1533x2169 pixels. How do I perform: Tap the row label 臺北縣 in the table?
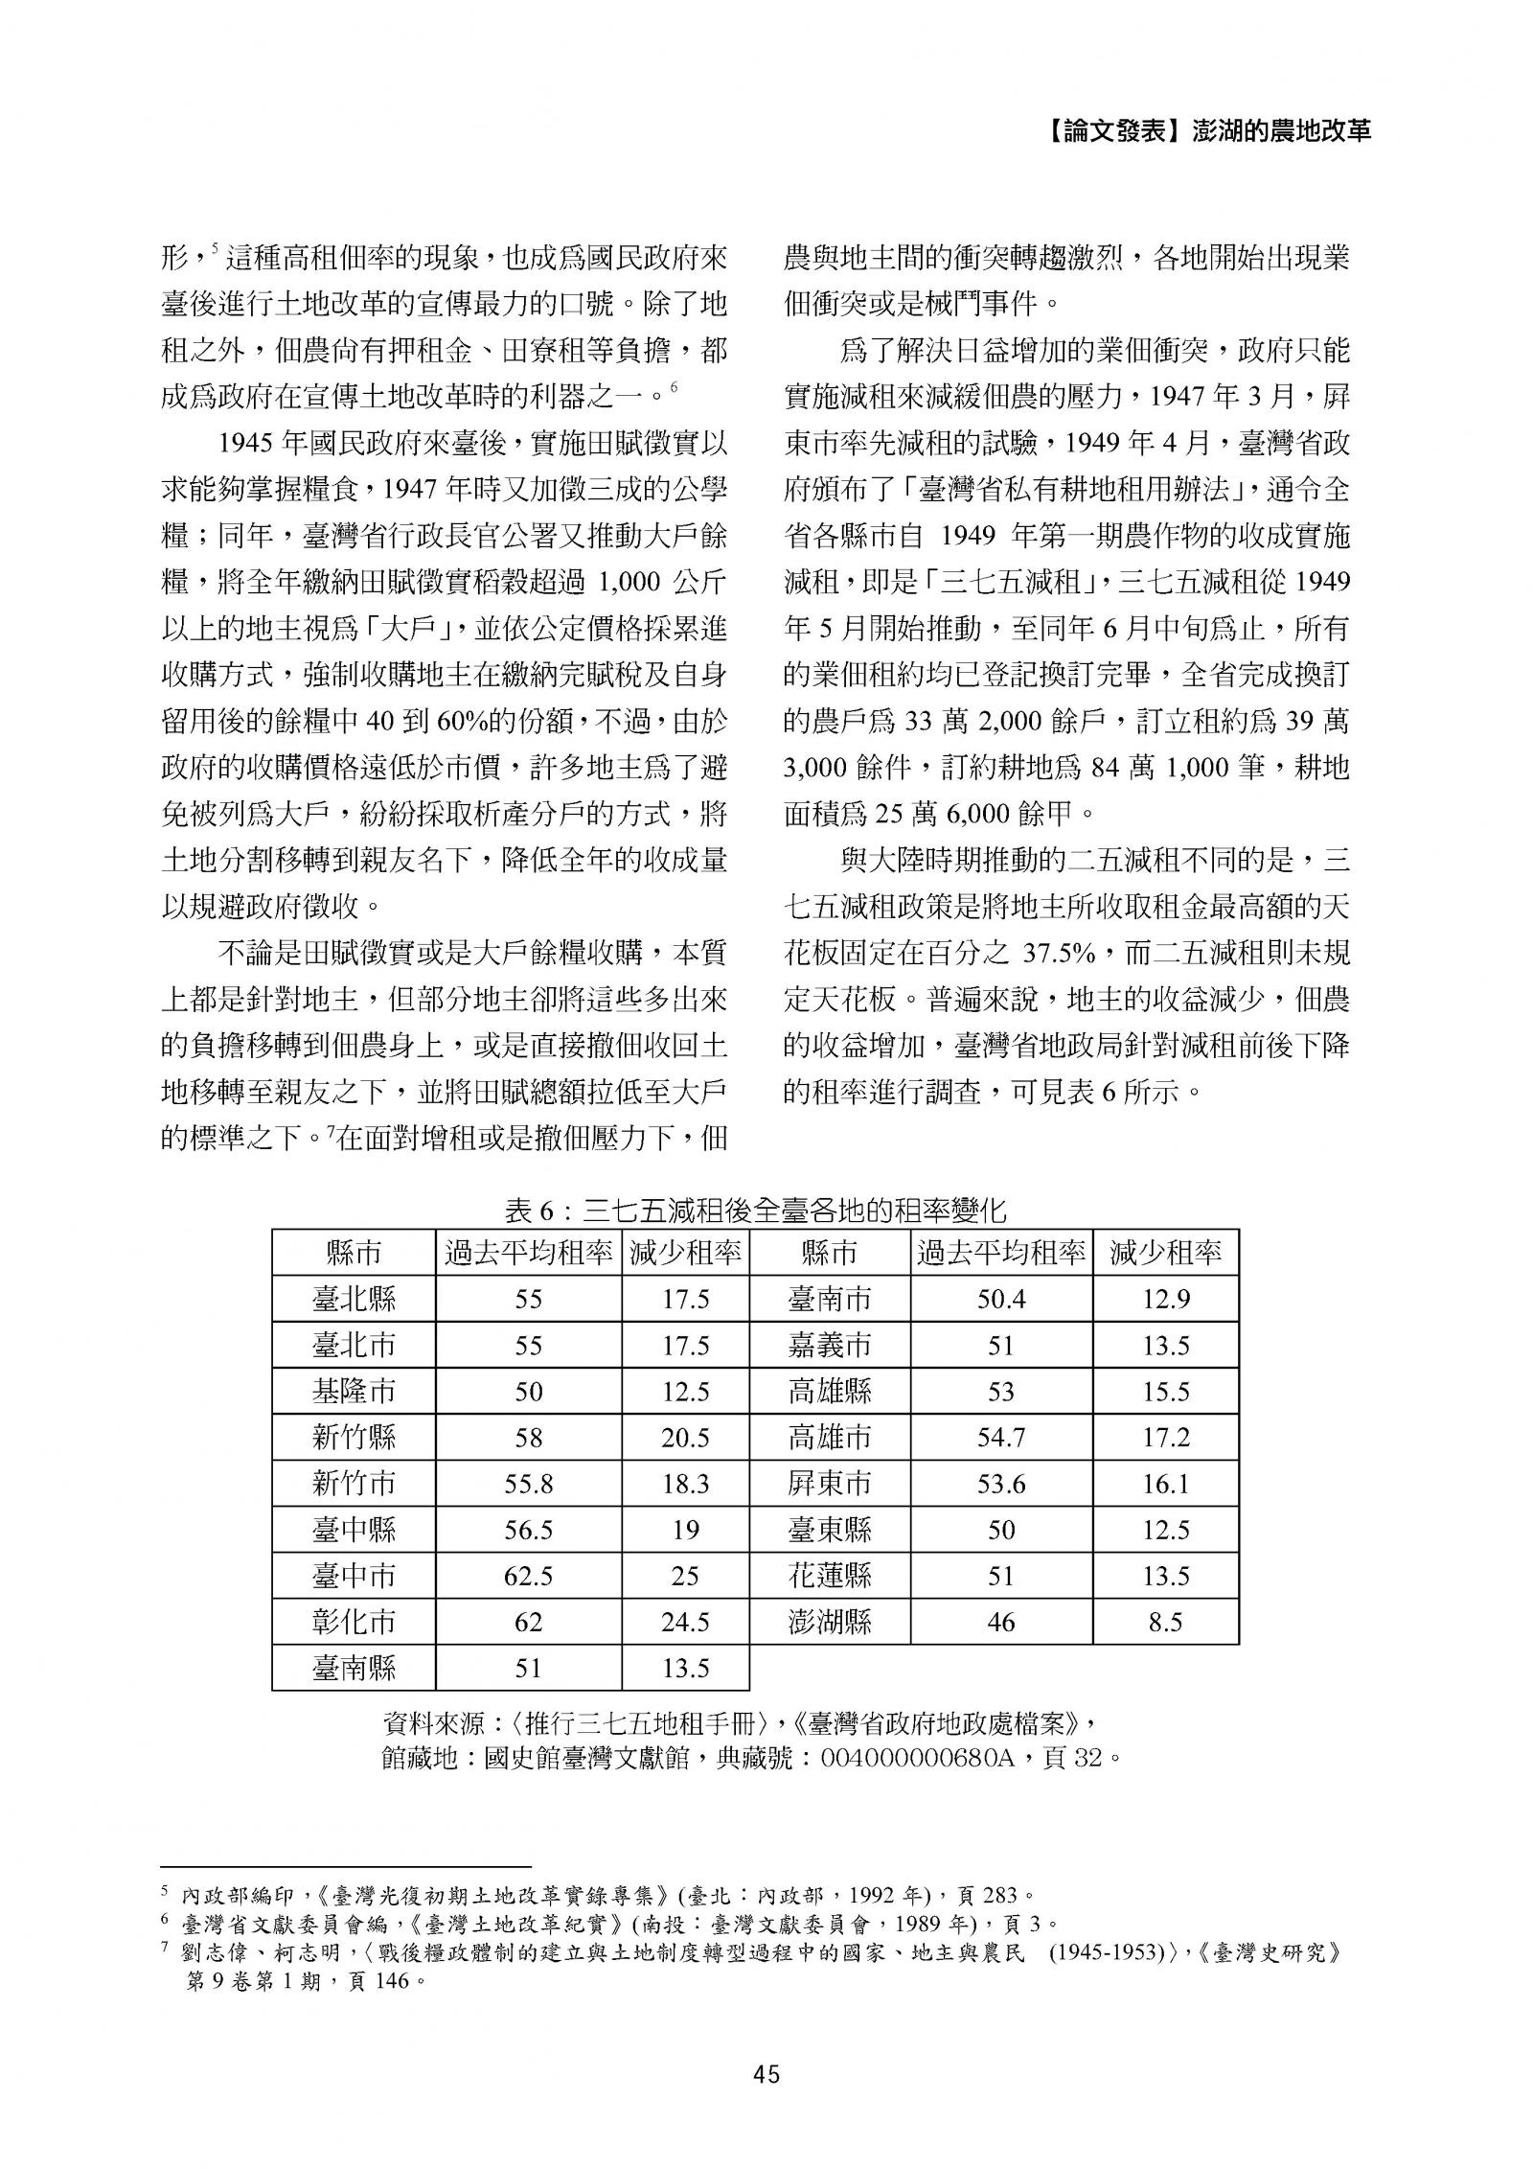coord(354,1299)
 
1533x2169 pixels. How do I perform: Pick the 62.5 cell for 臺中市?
coord(528,1576)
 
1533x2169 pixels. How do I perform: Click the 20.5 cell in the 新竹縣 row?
coord(685,1438)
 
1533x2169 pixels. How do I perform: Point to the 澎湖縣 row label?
coord(830,1622)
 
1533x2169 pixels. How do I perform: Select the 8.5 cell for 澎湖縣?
coord(1165,1622)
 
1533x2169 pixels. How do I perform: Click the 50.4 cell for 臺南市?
coord(1000,1299)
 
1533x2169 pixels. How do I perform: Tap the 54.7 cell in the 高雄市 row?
coord(1000,1438)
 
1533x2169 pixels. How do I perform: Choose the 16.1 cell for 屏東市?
coord(1165,1484)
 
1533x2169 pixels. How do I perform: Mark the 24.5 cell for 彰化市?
coord(685,1622)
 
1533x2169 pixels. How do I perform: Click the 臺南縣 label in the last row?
coord(354,1669)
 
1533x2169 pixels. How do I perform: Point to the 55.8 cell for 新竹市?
coord(528,1484)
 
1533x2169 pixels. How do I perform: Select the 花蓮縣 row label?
coord(830,1576)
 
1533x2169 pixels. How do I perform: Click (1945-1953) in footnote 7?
coord(1107,1952)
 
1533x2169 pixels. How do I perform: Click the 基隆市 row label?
coord(354,1392)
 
